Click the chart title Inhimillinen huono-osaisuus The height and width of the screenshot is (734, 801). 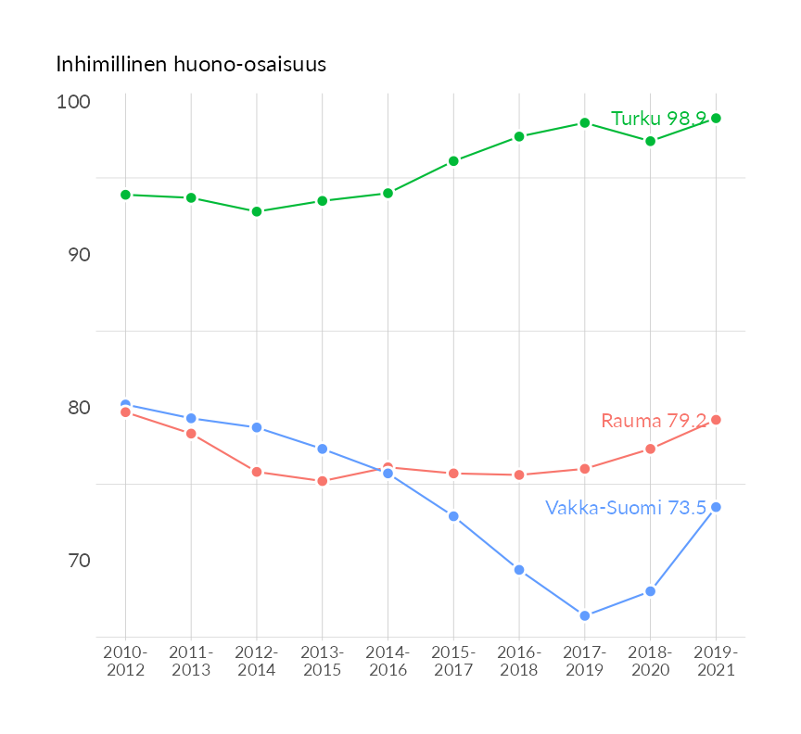[191, 65]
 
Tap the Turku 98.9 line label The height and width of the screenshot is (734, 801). [658, 119]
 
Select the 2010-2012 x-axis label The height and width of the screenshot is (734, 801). [125, 661]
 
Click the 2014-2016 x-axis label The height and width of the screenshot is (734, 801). [388, 661]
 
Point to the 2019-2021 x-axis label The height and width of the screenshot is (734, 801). [716, 661]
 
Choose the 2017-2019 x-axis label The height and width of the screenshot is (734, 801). [584, 661]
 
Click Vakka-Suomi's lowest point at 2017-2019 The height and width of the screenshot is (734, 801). [584, 615]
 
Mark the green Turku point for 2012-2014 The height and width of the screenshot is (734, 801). [257, 211]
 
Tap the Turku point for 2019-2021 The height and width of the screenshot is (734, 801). [716, 118]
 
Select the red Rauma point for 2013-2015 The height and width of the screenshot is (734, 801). [323, 481]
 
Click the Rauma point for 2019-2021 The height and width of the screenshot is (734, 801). [716, 420]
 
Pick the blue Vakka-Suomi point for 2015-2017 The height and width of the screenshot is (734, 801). [453, 516]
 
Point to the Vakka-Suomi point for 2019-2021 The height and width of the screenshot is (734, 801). [716, 507]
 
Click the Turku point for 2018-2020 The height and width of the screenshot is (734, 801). [650, 141]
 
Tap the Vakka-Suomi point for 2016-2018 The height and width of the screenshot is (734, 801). [519, 570]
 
